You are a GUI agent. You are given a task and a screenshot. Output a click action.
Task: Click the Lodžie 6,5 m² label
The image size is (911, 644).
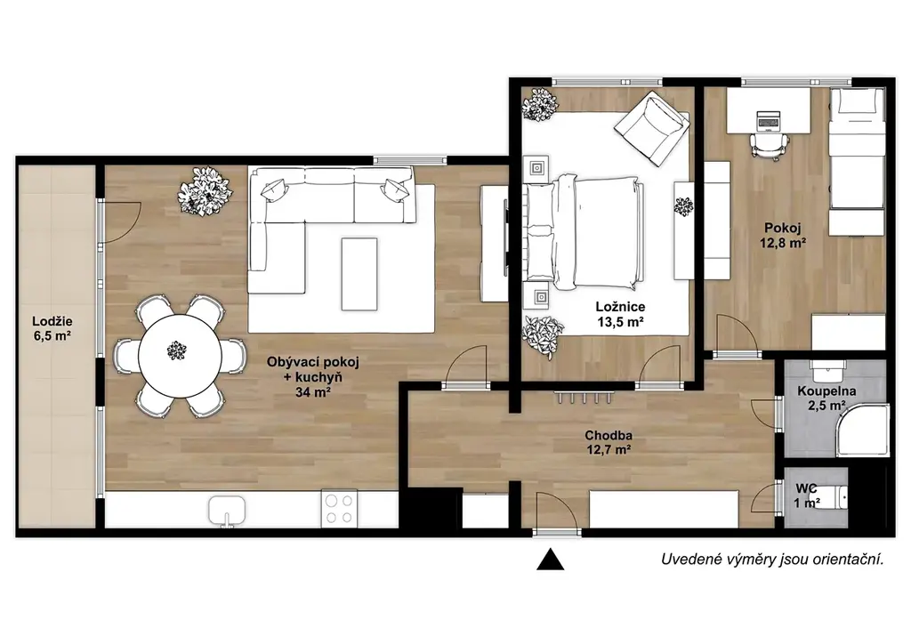pos(52,328)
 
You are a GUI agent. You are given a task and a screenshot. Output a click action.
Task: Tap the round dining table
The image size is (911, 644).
pos(180,356)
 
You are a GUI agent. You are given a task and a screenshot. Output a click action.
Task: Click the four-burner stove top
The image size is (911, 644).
pos(339,510)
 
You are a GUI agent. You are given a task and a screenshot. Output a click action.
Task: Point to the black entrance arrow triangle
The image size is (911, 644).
pos(550,559)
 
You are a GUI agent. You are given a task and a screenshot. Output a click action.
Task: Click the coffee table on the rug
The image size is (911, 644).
pos(359,274)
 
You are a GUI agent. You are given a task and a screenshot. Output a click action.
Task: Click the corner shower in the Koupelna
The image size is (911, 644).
pos(863,431)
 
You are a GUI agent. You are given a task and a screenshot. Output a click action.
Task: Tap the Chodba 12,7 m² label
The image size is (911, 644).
pos(609,442)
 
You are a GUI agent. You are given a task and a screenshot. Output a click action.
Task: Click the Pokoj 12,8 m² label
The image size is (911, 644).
pos(783,235)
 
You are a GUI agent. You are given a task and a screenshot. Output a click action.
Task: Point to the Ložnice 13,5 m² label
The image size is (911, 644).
pos(620,314)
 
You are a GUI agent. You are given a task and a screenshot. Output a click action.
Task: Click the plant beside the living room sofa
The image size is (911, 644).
pos(205,190)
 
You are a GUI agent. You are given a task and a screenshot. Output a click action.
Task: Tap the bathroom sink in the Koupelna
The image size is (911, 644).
pos(827,369)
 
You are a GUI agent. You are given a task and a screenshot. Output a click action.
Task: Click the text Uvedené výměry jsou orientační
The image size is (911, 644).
pos(772,559)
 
